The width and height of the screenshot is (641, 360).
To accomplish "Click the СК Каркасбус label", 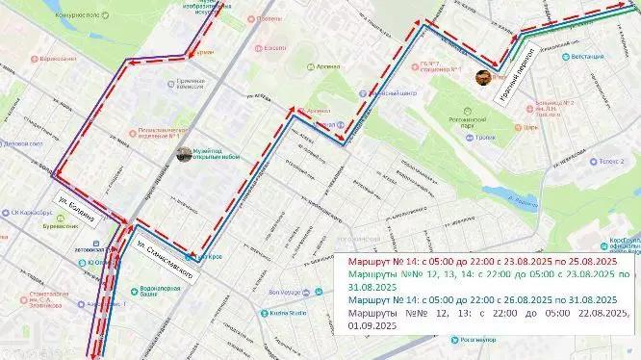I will coord(32,211).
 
